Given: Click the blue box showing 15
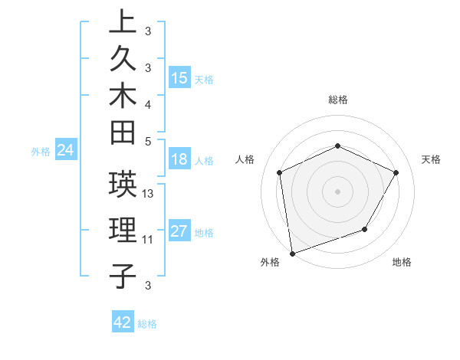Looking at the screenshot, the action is coord(180,78).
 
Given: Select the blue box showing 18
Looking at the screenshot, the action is coord(180,159).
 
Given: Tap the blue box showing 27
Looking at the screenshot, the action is coord(180,231).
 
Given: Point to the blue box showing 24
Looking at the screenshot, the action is coord(66,150).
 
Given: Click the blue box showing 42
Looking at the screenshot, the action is coord(123,322).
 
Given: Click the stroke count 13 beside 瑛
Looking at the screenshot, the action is coord(149,194).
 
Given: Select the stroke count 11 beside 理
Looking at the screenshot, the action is coord(148,240).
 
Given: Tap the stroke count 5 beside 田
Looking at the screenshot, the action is coord(149,141).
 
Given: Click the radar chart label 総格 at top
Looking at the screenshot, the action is coord(337,100).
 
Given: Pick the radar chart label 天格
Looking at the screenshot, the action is coord(431,159).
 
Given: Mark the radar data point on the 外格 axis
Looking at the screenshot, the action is coord(292,253).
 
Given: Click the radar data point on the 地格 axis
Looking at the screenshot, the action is coord(365,229).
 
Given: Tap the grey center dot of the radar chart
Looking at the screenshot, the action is coord(337,191).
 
